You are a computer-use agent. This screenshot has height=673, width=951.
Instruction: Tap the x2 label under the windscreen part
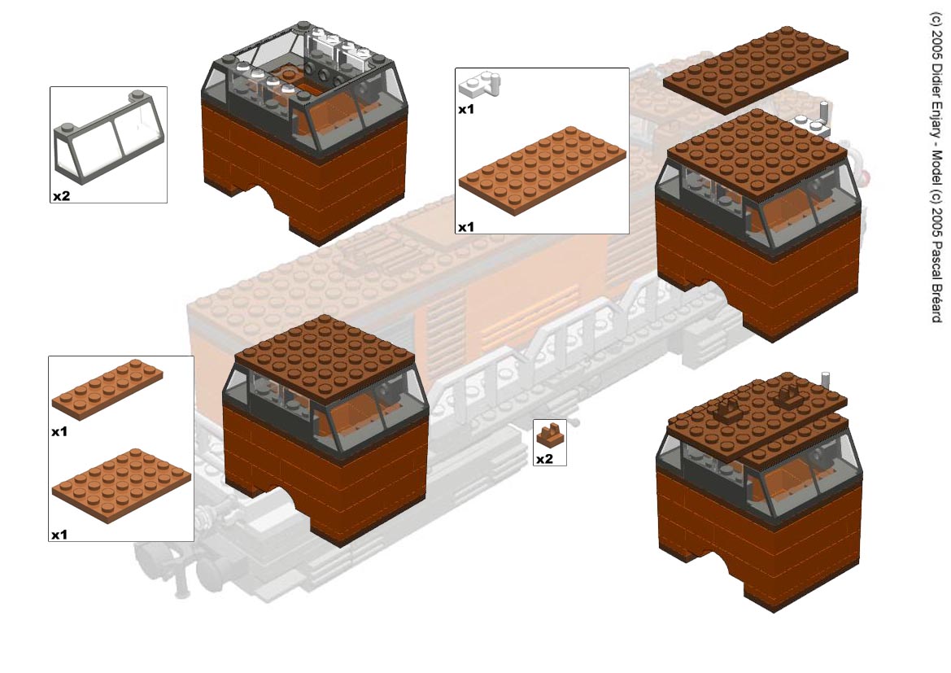point(61,196)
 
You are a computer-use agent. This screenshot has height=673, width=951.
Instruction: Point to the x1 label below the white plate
point(466,109)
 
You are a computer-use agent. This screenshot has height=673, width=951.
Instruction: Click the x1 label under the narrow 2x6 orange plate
point(59,431)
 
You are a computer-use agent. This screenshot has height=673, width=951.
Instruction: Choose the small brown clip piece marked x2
point(550,435)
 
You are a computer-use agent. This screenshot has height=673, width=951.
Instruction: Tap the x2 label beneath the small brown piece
point(544,459)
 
